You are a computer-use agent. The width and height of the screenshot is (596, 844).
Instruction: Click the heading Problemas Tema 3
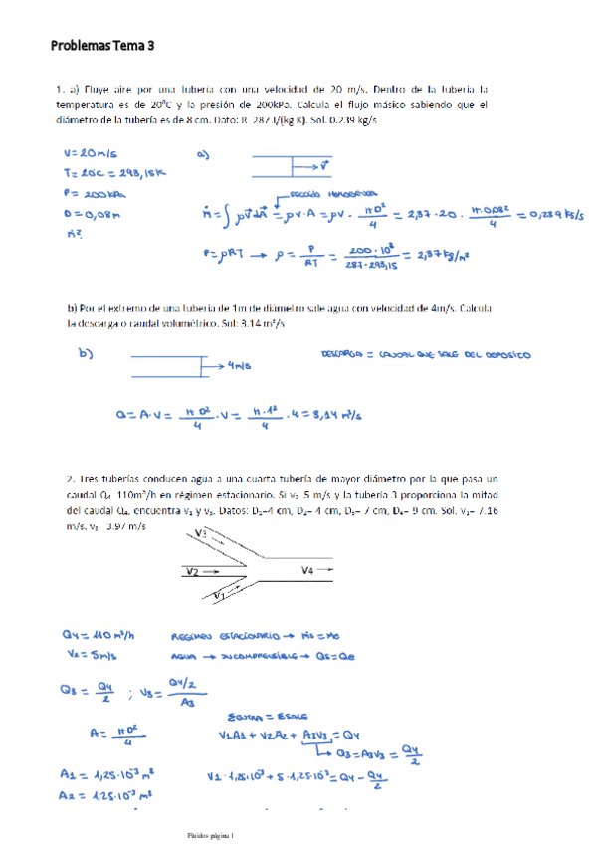pyautogui.click(x=103, y=45)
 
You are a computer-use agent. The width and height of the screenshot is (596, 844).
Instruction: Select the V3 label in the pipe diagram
pyautogui.click(x=202, y=534)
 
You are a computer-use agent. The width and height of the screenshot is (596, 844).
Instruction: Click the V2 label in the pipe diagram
pyautogui.click(x=194, y=571)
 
